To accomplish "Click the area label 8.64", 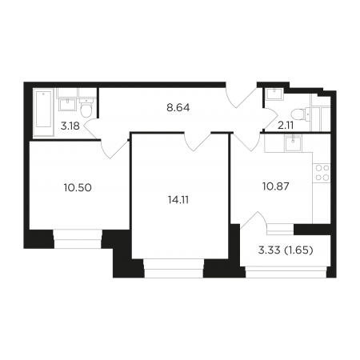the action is point(178,108).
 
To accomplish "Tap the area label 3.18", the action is point(70,126).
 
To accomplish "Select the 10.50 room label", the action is point(78,188).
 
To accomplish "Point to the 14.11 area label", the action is point(178,200).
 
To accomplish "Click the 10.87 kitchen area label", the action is point(276,186).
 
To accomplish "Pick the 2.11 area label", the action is point(286,126).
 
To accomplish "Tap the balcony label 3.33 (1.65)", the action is point(286,250).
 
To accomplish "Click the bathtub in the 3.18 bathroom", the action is point(43,112).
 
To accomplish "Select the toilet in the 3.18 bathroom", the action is point(86,109).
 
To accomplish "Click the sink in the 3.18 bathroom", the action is point(68,105).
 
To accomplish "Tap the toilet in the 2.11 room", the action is point(299,114).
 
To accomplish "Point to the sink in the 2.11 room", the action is point(274,94).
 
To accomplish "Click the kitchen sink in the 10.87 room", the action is point(293,143).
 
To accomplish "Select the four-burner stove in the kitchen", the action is point(322,173).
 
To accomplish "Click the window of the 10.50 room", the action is point(78,239).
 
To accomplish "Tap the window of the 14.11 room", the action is point(174,268).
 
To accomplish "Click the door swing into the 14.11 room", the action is point(198,142).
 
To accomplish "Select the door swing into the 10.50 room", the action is point(115,149).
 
